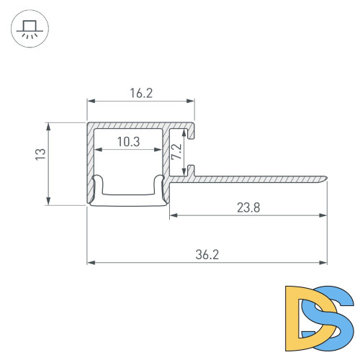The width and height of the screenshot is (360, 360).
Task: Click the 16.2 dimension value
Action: pos(141,93)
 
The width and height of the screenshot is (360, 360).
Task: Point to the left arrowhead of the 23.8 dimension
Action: pos(174,215)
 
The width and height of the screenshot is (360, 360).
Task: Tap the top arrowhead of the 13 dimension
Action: pos(49,125)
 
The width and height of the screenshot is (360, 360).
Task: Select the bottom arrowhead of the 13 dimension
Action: pos(49,202)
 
